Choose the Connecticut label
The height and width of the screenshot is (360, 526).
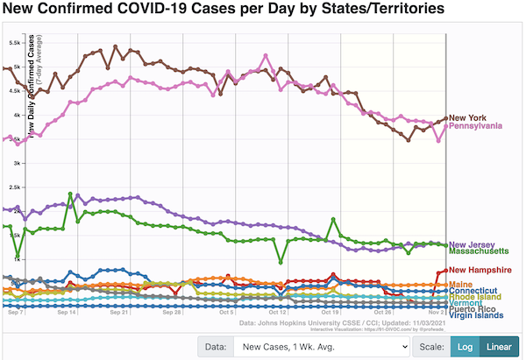[x=473, y=291]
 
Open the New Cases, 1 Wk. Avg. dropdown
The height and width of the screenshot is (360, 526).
[x=321, y=347]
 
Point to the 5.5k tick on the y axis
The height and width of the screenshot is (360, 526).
[x=16, y=42]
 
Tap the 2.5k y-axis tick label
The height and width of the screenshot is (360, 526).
[x=16, y=187]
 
